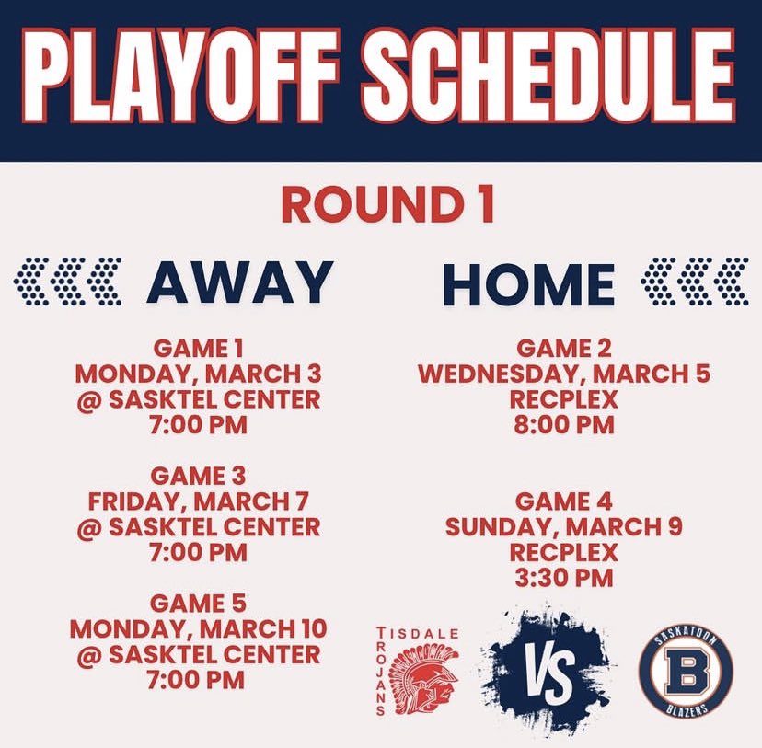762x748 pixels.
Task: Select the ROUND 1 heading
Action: pyautogui.click(x=387, y=205)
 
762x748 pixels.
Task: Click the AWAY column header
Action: pyautogui.click(x=239, y=282)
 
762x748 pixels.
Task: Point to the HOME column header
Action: pyautogui.click(x=529, y=282)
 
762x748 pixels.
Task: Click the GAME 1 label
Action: pyautogui.click(x=197, y=349)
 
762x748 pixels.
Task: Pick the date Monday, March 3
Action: pyautogui.click(x=197, y=374)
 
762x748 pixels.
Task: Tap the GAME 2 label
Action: pyautogui.click(x=564, y=349)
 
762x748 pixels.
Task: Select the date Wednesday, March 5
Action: pyautogui.click(x=564, y=374)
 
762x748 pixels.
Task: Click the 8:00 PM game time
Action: pyautogui.click(x=564, y=425)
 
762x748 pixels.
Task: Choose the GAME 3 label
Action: pyautogui.click(x=197, y=477)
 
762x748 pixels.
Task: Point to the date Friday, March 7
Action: pyautogui.click(x=197, y=501)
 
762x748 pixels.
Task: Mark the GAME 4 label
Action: pyautogui.click(x=564, y=501)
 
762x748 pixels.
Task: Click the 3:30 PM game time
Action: pyautogui.click(x=564, y=578)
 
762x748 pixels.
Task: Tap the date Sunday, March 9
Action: pyautogui.click(x=564, y=527)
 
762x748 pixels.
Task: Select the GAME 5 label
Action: pyautogui.click(x=197, y=604)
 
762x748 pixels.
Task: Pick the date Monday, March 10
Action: pyautogui.click(x=197, y=629)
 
